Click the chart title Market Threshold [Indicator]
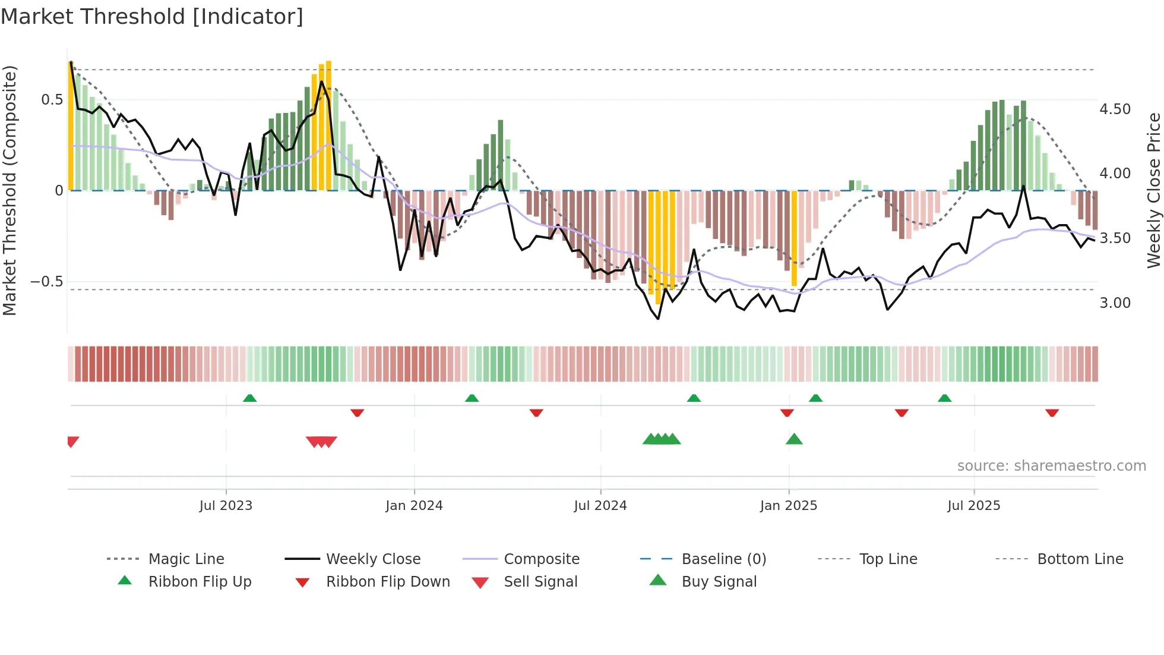(x=152, y=17)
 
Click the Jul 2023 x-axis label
(x=226, y=505)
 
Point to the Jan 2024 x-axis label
(x=414, y=505)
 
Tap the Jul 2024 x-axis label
(x=600, y=505)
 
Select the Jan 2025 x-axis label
(x=789, y=505)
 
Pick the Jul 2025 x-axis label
(x=974, y=505)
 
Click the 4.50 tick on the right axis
(x=1115, y=109)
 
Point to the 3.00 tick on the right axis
(x=1115, y=303)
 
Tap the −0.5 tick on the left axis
(x=46, y=282)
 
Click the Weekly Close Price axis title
(x=1153, y=190)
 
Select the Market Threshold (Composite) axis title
(x=10, y=190)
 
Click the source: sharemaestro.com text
(x=1051, y=466)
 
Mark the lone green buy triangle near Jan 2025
(x=794, y=440)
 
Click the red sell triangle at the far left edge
(x=72, y=441)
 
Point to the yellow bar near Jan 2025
(x=794, y=238)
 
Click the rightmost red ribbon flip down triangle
(x=1052, y=412)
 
